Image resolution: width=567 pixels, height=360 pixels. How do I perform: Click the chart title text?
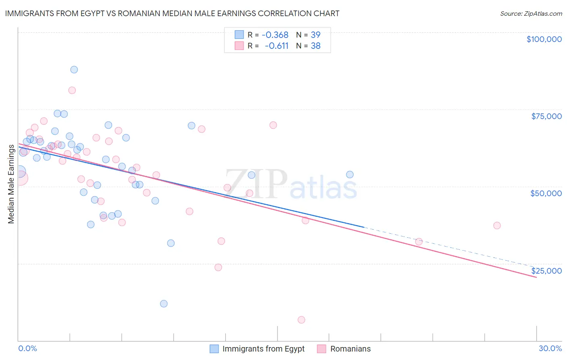(172, 13)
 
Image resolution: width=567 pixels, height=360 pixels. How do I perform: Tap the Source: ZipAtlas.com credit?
(531, 13)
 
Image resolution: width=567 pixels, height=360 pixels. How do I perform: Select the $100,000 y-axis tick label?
(544, 39)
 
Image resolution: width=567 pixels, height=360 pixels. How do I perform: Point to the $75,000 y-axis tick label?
(546, 116)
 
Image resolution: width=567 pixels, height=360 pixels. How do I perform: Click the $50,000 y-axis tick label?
(546, 193)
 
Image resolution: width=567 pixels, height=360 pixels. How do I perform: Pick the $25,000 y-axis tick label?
(546, 271)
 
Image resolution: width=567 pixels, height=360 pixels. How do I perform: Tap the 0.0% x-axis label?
(27, 348)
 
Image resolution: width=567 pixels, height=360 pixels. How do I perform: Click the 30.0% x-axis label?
(550, 348)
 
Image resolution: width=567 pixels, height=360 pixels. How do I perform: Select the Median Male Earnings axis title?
(11, 184)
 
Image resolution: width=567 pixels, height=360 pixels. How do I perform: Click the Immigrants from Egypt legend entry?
(257, 349)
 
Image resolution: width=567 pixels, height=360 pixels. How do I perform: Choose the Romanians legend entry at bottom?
(344, 349)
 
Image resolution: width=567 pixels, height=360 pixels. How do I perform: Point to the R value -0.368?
(275, 35)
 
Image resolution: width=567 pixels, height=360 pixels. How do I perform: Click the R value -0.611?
(277, 46)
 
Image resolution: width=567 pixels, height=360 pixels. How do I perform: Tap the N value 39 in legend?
(315, 35)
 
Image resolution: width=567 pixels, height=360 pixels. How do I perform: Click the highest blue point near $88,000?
(74, 69)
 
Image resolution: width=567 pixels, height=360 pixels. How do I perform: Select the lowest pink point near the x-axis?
(301, 320)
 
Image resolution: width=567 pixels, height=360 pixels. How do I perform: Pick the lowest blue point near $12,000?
(164, 303)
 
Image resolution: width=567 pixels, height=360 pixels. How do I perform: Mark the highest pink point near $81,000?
(72, 90)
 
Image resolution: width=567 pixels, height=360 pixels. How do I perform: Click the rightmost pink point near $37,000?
(497, 226)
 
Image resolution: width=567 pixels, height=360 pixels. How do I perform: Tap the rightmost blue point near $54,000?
(350, 175)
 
